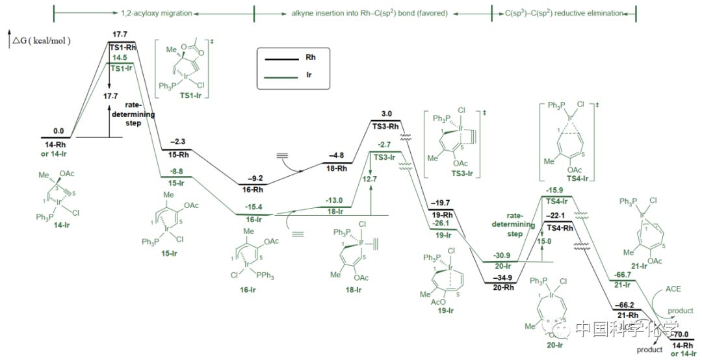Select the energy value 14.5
tap(121, 58)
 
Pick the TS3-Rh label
tap(385, 127)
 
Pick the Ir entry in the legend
tap(309, 75)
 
